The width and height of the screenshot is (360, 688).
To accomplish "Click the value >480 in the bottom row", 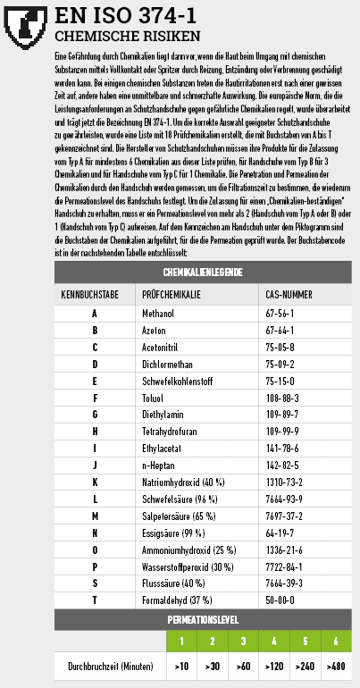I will (336, 667).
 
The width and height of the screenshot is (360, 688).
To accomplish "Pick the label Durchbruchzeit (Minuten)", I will (110, 667).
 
